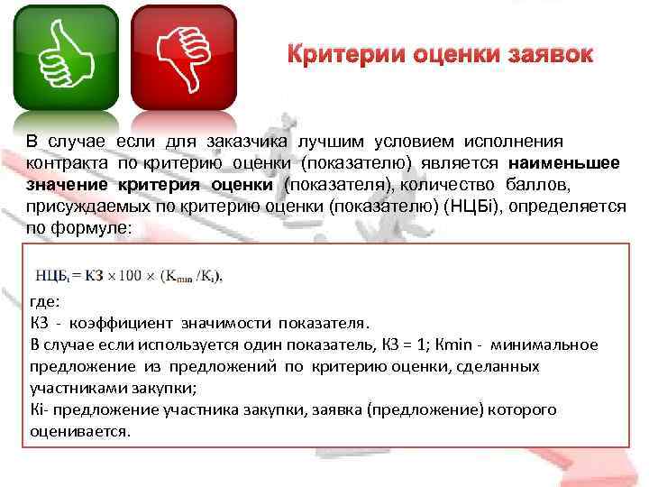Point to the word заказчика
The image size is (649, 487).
pyautogui.click(x=241, y=142)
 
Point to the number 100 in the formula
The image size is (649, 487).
pyautogui.click(x=131, y=274)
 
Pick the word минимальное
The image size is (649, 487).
pyautogui.click(x=549, y=345)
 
